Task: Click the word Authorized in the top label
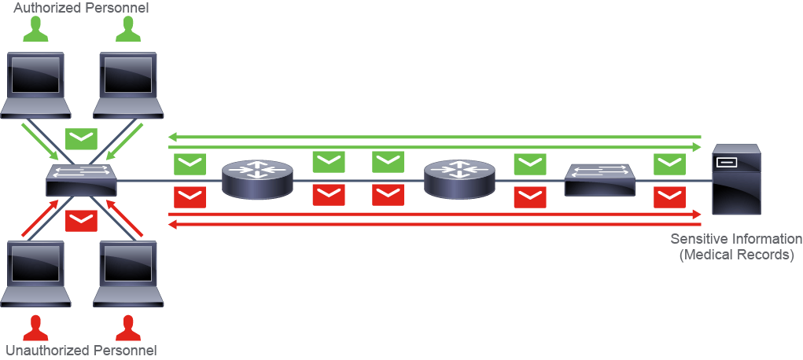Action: coord(46,8)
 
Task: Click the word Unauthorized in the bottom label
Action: coord(46,351)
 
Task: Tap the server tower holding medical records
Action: coord(736,179)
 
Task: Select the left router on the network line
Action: coord(257,179)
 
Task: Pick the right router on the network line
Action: coord(459,179)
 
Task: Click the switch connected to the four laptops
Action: coord(82,180)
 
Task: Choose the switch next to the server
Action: coord(600,180)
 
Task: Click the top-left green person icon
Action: coord(36,29)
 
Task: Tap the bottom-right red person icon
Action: coord(128,329)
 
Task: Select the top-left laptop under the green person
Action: coord(35,85)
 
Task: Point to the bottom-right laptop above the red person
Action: coord(128,274)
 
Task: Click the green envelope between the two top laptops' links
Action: coord(82,138)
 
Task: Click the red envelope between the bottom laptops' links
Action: coord(82,221)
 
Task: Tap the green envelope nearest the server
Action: coord(670,163)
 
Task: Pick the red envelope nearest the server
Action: coord(670,197)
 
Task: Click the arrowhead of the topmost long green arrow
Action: coord(172,137)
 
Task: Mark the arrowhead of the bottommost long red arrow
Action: coord(172,224)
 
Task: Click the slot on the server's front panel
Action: coord(727,163)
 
